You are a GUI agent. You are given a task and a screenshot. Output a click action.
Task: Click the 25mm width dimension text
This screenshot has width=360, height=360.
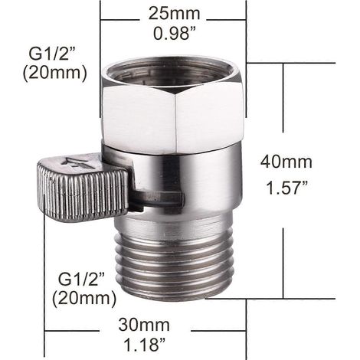tap(175, 13)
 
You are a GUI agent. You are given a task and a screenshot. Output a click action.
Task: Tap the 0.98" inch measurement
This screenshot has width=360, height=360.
tap(175, 33)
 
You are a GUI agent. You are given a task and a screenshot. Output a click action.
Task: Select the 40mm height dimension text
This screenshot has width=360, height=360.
tap(286, 162)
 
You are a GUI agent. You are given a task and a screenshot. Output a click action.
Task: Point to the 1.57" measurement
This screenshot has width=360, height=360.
tap(286, 188)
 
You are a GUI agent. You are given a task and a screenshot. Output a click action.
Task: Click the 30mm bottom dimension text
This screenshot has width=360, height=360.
tap(144, 325)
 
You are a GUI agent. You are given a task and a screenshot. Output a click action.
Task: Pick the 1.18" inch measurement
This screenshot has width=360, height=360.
tap(145, 345)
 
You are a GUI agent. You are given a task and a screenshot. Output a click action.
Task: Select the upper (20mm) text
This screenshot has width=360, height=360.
tap(55, 74)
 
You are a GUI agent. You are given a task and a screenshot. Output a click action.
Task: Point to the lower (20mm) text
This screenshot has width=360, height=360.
tap(84, 299)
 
